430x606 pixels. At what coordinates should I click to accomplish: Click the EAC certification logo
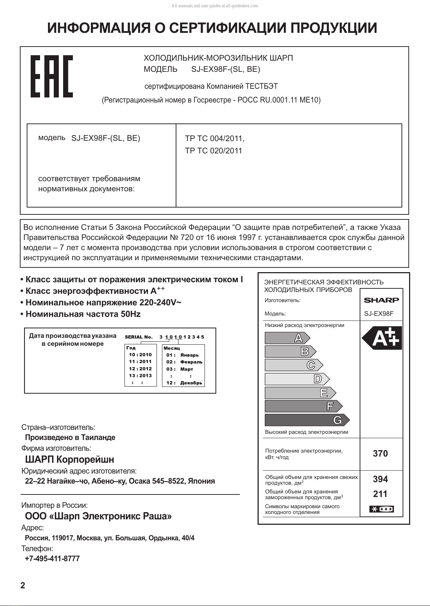[x=52, y=76]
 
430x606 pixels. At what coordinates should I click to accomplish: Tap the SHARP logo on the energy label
[x=381, y=300]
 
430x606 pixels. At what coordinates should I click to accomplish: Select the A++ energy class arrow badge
[x=382, y=338]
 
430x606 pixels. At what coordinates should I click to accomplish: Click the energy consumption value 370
[x=380, y=454]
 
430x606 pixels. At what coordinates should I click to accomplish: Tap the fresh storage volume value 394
[x=380, y=479]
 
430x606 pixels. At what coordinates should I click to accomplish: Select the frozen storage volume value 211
[x=380, y=494]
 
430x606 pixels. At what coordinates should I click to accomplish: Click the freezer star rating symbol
[x=381, y=509]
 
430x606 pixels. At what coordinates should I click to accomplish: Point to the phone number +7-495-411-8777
[x=52, y=559]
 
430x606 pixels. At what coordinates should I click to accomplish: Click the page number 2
[x=23, y=585]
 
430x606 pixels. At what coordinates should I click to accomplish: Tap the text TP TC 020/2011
[x=214, y=151]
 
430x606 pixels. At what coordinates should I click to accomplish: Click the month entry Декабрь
[x=191, y=383]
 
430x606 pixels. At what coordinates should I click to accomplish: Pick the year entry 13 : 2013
[x=140, y=376]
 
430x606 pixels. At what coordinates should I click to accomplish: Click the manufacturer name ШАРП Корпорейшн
[x=70, y=459]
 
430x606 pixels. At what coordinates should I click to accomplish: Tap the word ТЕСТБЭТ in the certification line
[x=262, y=87]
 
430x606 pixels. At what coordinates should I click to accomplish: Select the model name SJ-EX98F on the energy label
[x=379, y=314]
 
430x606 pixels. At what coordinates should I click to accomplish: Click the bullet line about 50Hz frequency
[x=81, y=314]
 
